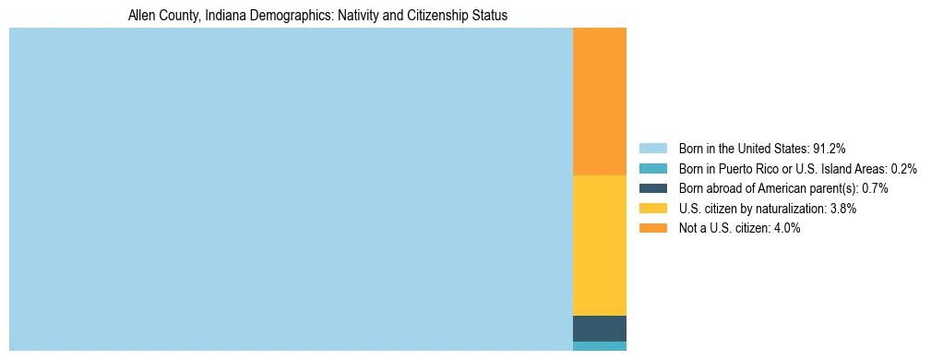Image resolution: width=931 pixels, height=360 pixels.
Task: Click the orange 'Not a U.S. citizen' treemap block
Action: pyautogui.click(x=600, y=102)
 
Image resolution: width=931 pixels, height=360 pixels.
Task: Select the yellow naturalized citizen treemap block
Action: pyautogui.click(x=600, y=246)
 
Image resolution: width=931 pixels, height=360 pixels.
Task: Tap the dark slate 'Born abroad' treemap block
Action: pyautogui.click(x=600, y=329)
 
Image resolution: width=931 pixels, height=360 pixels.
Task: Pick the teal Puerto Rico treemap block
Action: pyautogui.click(x=600, y=346)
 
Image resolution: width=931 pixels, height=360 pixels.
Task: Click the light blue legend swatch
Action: pyautogui.click(x=653, y=149)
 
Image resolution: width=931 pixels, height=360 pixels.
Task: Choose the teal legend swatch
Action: pyautogui.click(x=653, y=169)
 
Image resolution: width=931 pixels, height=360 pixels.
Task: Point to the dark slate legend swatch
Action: pyautogui.click(x=653, y=188)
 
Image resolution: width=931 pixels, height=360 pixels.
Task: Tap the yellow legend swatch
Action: pyautogui.click(x=653, y=209)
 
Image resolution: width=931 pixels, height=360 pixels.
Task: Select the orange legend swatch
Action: pyautogui.click(x=653, y=228)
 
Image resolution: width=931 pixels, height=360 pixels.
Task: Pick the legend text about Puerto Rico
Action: pyautogui.click(x=797, y=169)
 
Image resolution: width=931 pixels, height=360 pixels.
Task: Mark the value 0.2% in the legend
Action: pyautogui.click(x=904, y=169)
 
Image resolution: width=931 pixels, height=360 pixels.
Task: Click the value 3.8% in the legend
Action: pyautogui.click(x=842, y=209)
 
